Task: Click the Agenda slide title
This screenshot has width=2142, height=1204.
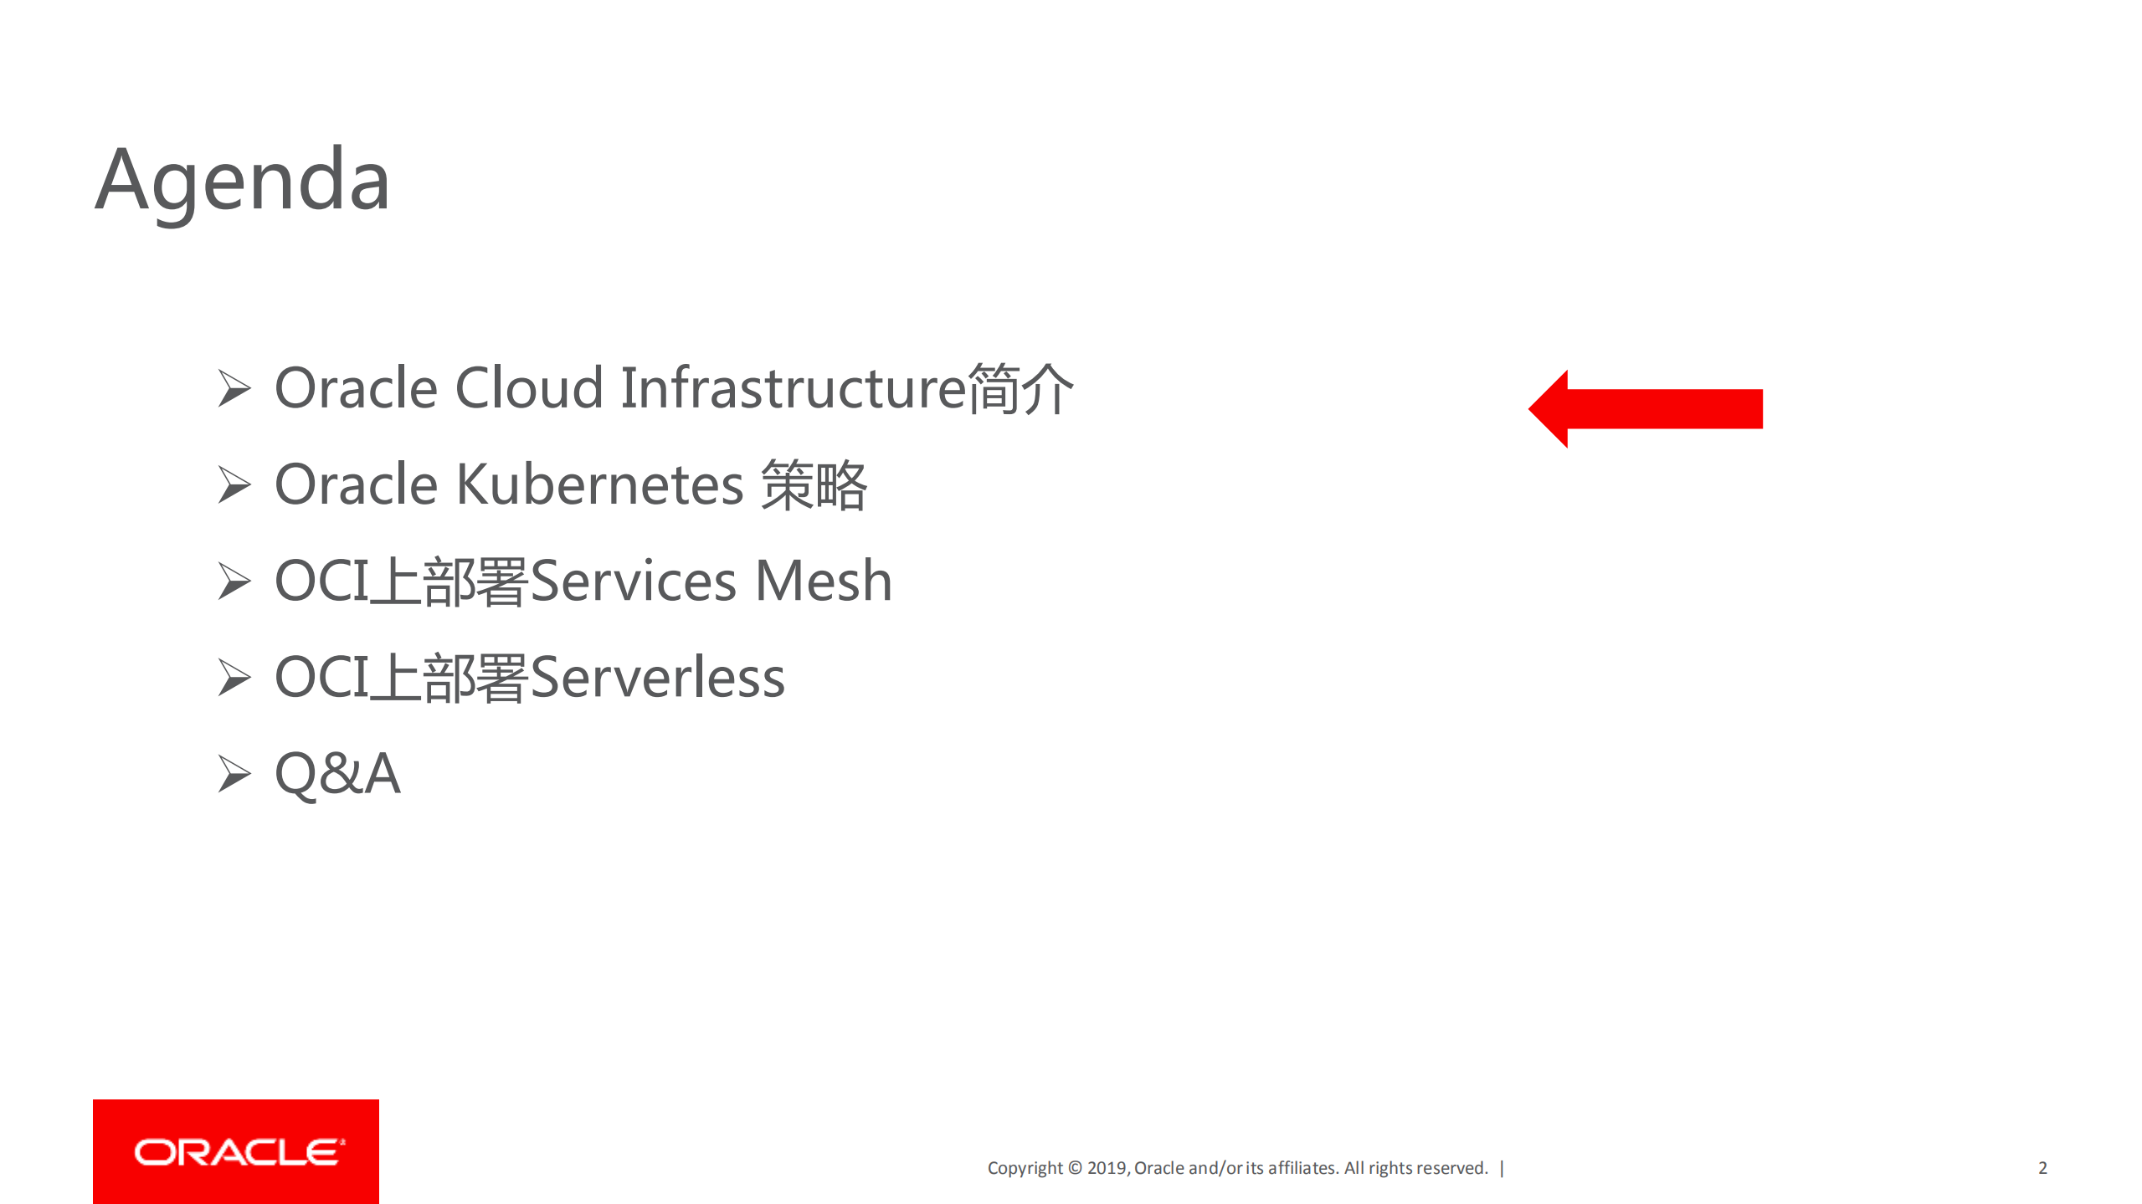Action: [242, 179]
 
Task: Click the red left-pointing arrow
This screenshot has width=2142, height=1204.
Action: [1645, 408]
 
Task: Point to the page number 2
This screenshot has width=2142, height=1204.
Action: [2042, 1167]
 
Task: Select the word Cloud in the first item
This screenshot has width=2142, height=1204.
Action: [529, 388]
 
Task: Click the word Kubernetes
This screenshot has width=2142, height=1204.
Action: [599, 484]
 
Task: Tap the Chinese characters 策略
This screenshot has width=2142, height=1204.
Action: [814, 484]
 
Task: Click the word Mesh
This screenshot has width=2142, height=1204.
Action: [823, 581]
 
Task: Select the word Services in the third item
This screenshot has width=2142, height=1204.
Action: [633, 581]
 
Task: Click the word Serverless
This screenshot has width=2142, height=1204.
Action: [657, 677]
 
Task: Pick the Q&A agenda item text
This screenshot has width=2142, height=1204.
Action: [337, 773]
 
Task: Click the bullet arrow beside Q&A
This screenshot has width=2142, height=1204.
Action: [234, 773]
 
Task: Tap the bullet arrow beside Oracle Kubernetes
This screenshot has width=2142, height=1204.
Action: [234, 484]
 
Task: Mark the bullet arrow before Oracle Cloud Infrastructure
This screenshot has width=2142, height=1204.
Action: [234, 388]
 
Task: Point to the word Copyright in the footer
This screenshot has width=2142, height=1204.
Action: [1025, 1168]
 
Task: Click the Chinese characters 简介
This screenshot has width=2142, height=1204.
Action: [1020, 388]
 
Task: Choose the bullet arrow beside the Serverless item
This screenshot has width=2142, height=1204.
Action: [234, 677]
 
